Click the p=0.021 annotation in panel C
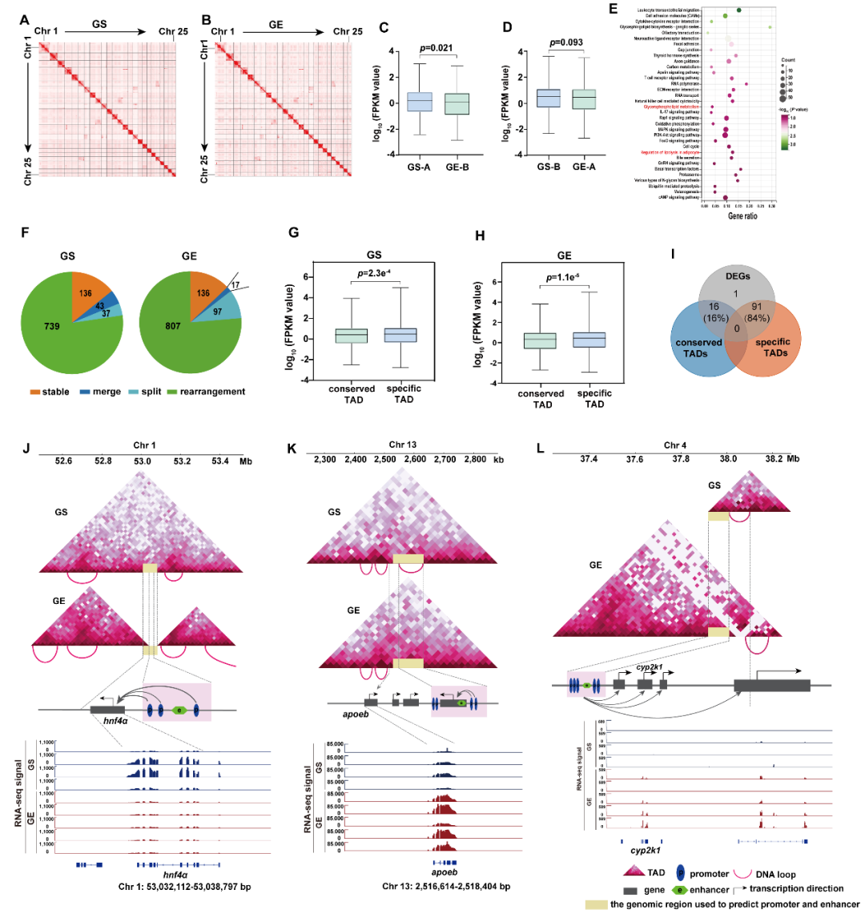point(436,48)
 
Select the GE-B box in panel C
point(457,104)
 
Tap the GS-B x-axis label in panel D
point(548,167)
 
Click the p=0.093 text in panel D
point(565,42)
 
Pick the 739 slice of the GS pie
point(52,326)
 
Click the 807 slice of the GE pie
point(173,326)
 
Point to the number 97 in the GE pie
point(218,312)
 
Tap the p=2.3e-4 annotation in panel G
point(374,274)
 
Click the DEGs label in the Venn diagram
point(738,276)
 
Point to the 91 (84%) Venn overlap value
point(757,312)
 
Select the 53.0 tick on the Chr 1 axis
point(142,461)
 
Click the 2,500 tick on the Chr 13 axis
point(385,460)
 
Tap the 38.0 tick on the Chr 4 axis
point(728,459)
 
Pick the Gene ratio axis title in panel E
point(742,216)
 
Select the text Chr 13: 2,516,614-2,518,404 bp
point(446,887)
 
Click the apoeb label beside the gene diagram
point(356,714)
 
